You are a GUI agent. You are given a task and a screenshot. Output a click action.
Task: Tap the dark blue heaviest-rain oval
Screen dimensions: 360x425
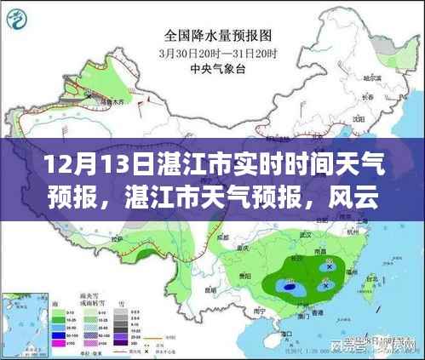[292, 288]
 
